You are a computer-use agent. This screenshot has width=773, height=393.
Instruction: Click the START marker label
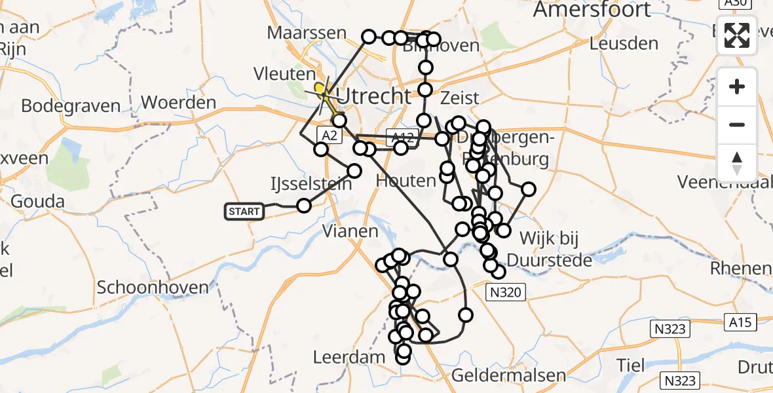244,211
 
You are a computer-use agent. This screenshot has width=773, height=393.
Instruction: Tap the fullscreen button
737,35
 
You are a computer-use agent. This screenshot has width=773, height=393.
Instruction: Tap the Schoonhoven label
153,287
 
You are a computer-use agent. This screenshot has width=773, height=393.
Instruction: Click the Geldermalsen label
508,375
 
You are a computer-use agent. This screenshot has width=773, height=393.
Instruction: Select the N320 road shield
505,292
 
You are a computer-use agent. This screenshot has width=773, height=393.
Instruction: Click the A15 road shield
742,322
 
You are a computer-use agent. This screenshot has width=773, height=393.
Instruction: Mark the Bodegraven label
71,106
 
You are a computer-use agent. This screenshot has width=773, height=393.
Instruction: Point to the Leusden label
624,44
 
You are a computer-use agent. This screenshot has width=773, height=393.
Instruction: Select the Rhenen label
742,268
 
